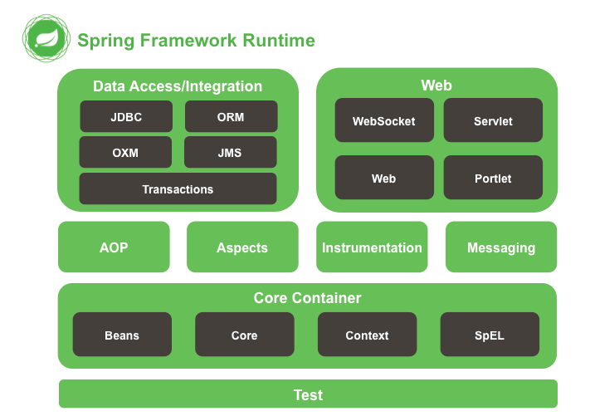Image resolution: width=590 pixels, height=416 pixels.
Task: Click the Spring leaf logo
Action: click(x=46, y=39)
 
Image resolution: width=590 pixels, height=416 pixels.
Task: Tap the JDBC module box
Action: click(x=126, y=117)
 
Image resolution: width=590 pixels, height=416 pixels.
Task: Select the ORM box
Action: click(x=231, y=117)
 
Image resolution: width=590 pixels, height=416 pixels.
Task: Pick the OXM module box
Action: click(x=126, y=153)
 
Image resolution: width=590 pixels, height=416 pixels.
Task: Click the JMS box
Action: click(x=231, y=153)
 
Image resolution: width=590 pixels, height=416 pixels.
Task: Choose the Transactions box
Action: click(x=178, y=189)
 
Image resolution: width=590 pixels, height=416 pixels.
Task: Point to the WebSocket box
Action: click(x=384, y=121)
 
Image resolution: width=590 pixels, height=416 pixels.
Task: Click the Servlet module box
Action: click(x=493, y=121)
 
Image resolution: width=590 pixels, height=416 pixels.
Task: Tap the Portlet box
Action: click(x=493, y=179)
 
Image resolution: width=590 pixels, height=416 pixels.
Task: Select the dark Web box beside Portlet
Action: click(x=384, y=179)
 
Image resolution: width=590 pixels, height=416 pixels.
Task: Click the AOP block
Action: click(x=114, y=247)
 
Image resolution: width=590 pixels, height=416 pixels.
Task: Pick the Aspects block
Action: click(x=242, y=247)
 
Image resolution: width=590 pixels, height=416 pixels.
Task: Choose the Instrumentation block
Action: click(x=372, y=247)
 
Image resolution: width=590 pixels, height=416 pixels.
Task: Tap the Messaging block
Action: click(x=501, y=247)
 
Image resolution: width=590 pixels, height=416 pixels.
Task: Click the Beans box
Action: click(x=122, y=335)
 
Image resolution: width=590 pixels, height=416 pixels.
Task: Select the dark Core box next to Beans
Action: click(x=244, y=335)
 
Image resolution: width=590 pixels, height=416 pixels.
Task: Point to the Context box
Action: click(x=367, y=335)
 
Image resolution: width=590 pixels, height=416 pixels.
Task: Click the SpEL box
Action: click(x=490, y=335)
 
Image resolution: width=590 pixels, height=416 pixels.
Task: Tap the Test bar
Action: click(x=308, y=394)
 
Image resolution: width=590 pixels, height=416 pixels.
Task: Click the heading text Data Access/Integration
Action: click(x=178, y=86)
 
